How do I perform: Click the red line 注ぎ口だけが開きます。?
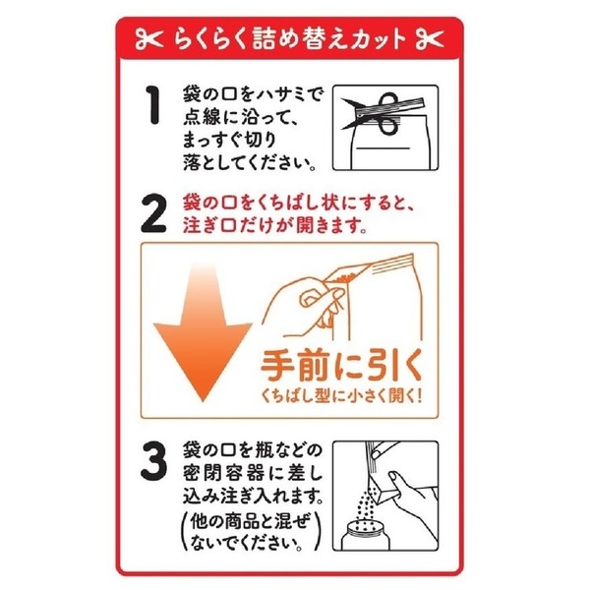tap(278, 225)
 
